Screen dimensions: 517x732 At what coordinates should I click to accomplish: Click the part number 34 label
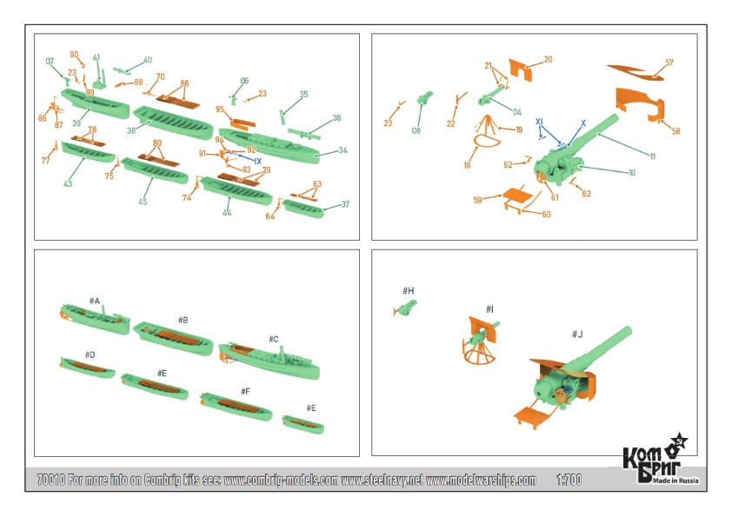343,151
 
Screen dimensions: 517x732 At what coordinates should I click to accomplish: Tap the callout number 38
132,130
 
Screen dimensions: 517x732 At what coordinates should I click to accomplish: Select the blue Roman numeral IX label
257,161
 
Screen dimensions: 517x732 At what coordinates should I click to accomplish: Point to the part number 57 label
669,63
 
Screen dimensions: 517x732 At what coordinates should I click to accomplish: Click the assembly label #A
94,301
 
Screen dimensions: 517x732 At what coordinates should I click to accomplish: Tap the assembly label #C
273,339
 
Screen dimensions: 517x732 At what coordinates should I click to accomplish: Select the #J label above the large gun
577,334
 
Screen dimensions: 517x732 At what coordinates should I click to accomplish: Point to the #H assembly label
409,290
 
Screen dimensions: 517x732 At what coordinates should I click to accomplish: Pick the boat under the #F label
236,407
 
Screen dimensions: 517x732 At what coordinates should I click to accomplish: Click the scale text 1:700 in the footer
568,480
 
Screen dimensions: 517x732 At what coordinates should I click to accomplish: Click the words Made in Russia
676,481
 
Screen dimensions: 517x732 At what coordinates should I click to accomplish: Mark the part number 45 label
143,202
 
